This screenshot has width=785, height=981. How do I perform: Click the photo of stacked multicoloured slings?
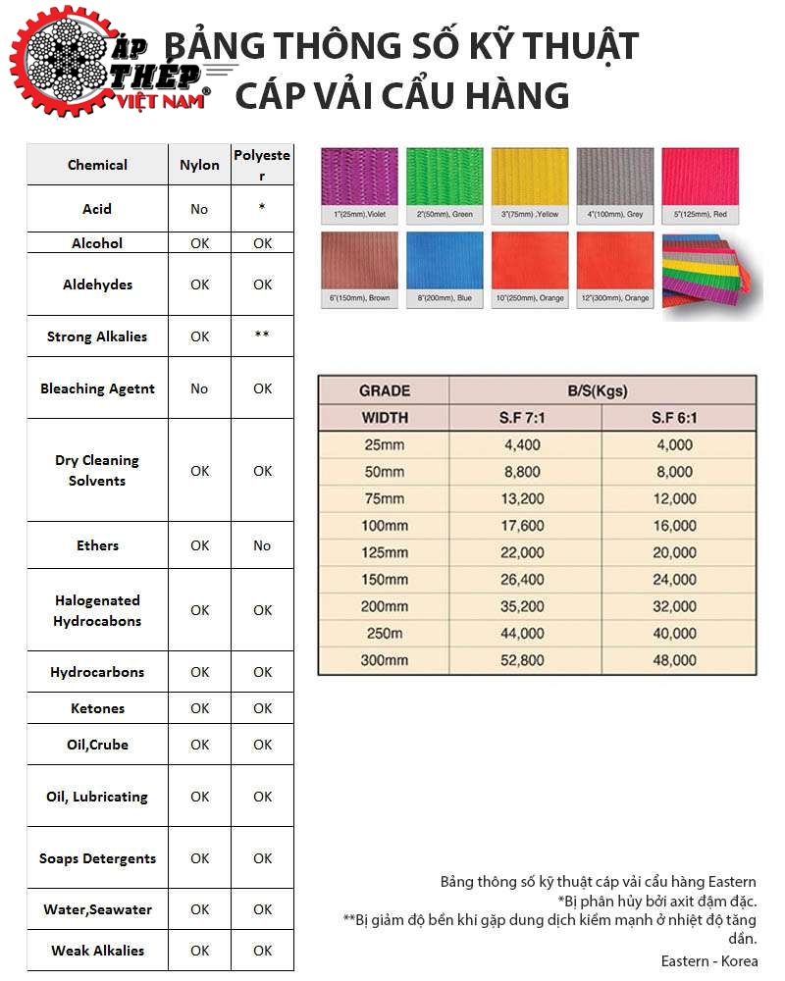710,275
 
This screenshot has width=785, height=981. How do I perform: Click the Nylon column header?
199,165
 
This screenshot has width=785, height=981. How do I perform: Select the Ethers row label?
97,545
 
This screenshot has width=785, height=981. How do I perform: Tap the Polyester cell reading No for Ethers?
262,545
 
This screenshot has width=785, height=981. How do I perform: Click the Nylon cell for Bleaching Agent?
199,388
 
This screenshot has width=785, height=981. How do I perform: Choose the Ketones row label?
97,708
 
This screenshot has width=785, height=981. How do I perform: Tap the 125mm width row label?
384,552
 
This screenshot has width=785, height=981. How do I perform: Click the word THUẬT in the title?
569,46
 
